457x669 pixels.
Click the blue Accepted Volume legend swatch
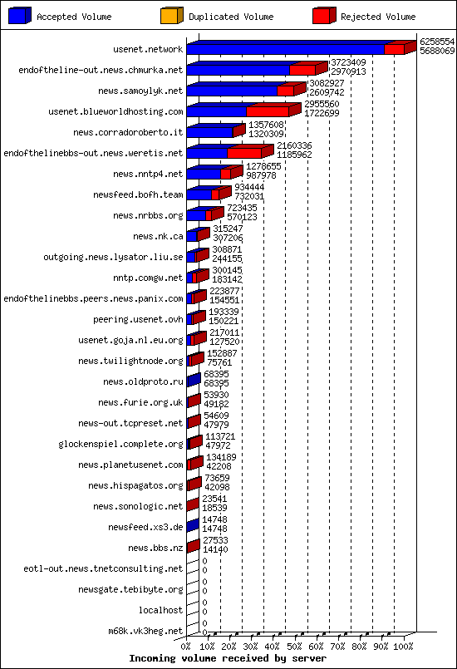coord(20,15)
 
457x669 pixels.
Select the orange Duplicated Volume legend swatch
coord(171,15)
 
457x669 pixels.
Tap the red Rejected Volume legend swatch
coord(324,15)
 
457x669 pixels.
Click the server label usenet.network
coord(148,49)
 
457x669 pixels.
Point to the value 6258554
coord(437,42)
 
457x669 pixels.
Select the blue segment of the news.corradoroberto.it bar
coord(210,132)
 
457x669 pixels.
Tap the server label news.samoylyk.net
coord(140,91)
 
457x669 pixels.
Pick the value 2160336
coord(294,145)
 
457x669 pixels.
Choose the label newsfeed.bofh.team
coord(138,195)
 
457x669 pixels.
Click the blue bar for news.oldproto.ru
coord(194,380)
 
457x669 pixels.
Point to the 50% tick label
coord(294,647)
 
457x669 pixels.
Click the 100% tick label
coord(403,647)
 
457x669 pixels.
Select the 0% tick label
coord(186,647)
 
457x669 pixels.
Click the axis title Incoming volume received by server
coord(228,658)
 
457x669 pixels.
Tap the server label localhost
coord(161,610)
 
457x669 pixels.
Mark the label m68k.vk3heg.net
coord(145,631)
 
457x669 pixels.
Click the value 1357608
coord(266,125)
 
